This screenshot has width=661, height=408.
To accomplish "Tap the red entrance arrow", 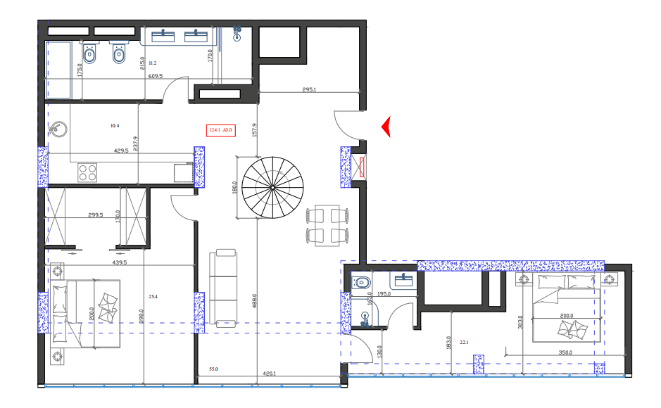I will [386, 127].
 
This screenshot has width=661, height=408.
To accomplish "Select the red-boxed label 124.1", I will [214, 129].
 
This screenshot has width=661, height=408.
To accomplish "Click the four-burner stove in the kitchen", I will [88, 172].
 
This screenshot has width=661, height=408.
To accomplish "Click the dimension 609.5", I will [155, 76].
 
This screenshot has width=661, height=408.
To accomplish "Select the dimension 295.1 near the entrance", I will [309, 89].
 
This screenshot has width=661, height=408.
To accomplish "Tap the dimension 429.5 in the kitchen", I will [121, 151].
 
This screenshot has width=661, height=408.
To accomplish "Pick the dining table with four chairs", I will [325, 225].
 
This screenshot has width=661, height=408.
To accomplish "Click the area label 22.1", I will [464, 343].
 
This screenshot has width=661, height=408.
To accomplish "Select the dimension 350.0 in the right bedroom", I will [565, 352].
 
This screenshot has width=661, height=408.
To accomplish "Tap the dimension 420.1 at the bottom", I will [269, 374].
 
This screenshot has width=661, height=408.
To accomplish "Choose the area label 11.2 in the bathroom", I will [152, 63].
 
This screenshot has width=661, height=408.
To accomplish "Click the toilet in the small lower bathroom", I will [363, 283].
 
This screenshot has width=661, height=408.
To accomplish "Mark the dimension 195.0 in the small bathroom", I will [384, 294].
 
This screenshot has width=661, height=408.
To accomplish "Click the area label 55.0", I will [214, 369].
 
